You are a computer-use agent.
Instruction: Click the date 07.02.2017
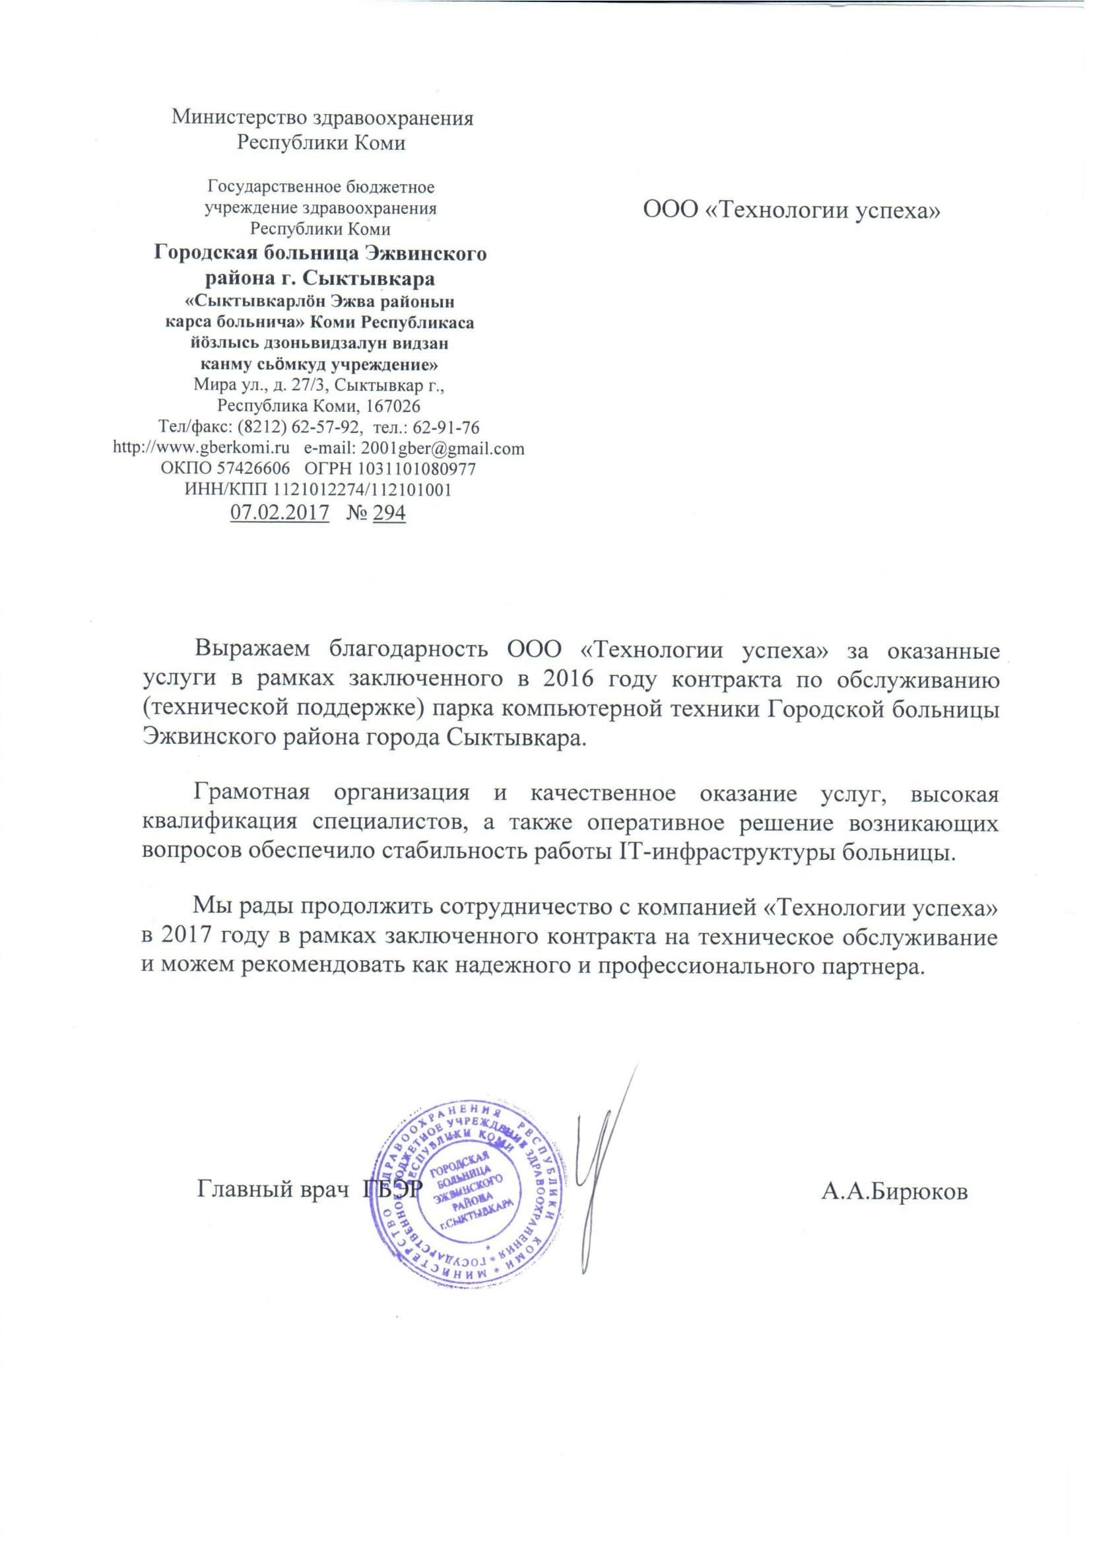pos(279,513)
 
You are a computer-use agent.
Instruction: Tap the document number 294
pos(389,513)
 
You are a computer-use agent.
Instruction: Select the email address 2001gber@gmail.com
pos(442,448)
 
